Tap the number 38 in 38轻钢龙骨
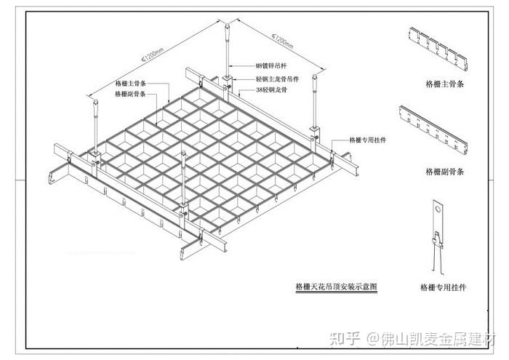tap(260, 89)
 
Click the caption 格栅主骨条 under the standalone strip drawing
tap(444, 84)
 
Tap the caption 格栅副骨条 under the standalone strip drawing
tap(444, 172)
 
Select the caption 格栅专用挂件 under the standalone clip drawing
tap(444, 287)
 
